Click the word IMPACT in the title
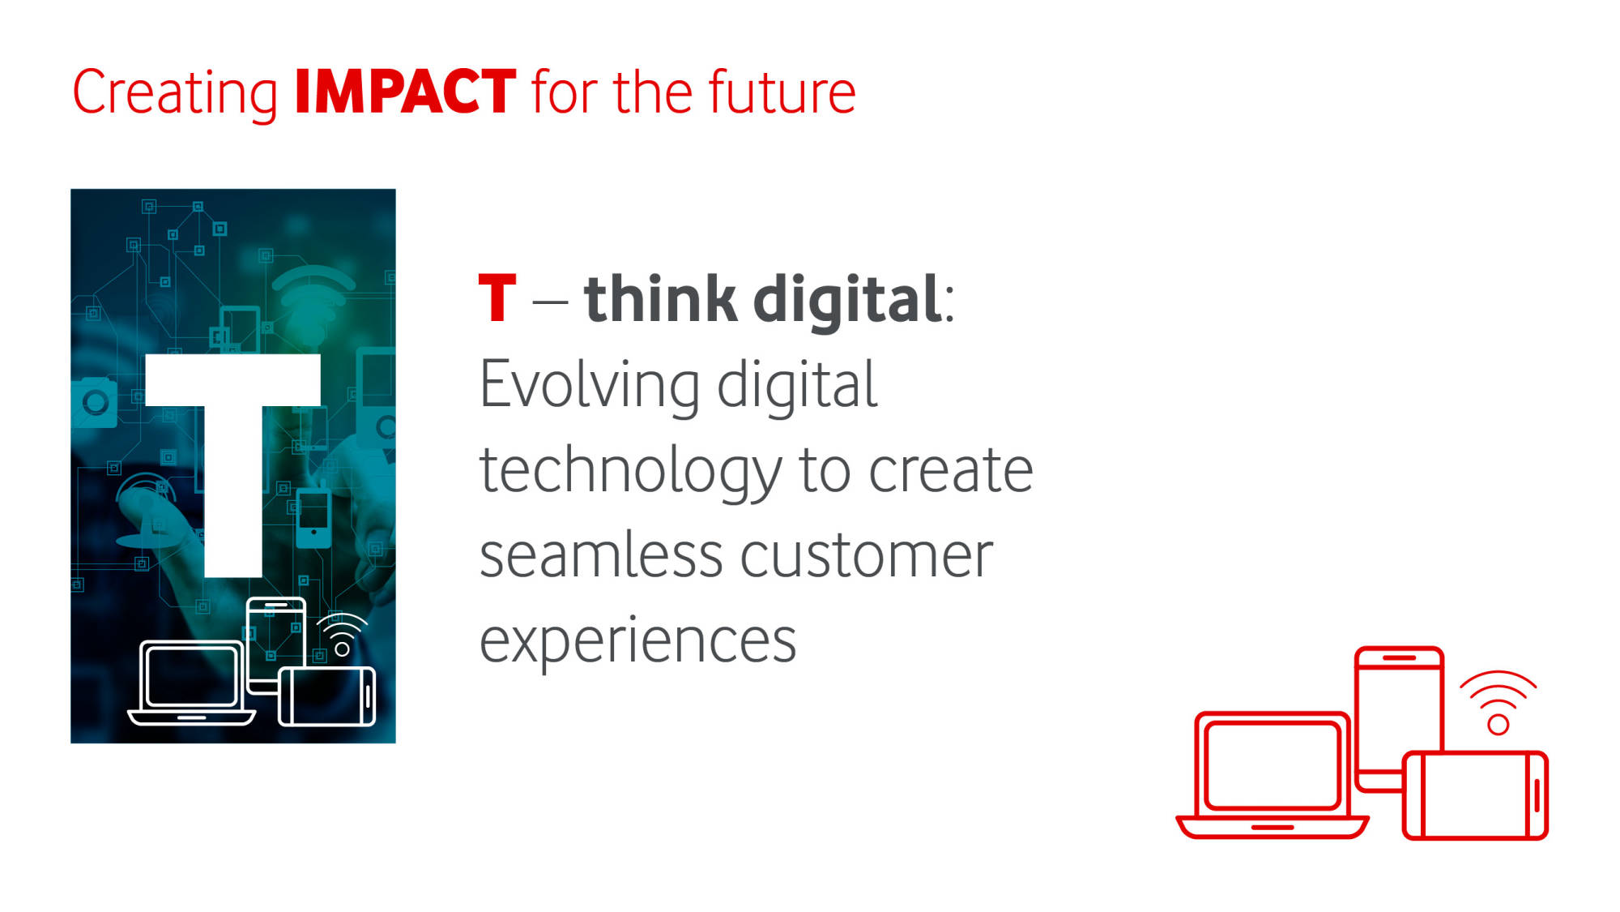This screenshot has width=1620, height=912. [405, 91]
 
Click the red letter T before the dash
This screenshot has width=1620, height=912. [497, 298]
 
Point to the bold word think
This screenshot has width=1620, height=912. [660, 298]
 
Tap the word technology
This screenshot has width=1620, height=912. [631, 473]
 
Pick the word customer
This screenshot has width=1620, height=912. [866, 556]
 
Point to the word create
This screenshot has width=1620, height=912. [951, 470]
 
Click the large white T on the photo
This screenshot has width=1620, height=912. [233, 464]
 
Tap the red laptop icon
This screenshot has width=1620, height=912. [1272, 776]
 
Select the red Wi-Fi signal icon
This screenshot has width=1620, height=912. [1498, 702]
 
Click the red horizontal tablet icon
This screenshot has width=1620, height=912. [1475, 795]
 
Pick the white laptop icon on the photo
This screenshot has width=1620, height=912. [192, 683]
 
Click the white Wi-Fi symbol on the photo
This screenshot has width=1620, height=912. [342, 635]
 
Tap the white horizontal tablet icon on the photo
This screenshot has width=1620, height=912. [327, 696]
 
